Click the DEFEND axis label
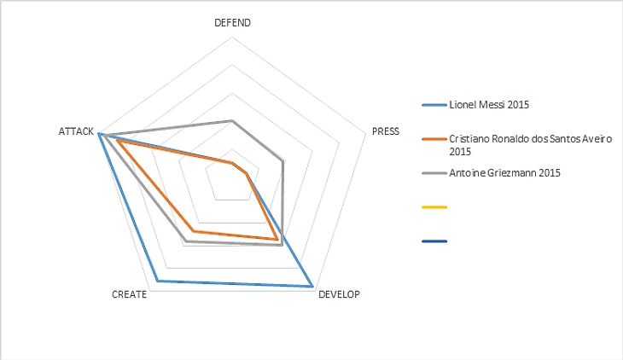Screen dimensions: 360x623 232,23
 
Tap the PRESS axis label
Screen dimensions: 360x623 386,132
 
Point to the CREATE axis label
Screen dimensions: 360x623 130,294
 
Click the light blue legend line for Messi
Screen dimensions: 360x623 434,105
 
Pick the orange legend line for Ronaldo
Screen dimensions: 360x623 434,138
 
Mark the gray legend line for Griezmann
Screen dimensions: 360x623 434,173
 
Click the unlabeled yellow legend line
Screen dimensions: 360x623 434,207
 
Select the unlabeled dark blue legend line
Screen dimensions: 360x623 434,241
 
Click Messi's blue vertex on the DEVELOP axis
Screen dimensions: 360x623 311,287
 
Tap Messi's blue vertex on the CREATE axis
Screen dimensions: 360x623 157,281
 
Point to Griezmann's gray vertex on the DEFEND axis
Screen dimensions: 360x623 232,121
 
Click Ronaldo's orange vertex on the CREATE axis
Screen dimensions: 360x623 193,231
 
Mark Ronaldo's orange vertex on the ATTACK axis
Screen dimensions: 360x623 119,141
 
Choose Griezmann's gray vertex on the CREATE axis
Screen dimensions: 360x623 185,241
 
